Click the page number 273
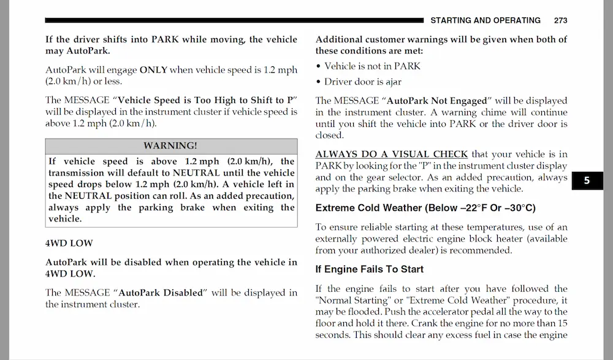click(560, 20)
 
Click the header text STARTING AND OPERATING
click(485, 20)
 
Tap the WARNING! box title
click(170, 145)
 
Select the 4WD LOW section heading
click(69, 243)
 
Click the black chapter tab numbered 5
click(587, 181)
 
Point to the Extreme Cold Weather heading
click(425, 208)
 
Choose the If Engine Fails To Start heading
click(369, 269)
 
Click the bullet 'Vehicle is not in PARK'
click(372, 66)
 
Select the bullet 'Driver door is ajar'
click(363, 82)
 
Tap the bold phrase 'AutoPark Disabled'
click(160, 293)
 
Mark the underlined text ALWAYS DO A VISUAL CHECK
click(392, 154)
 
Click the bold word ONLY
click(153, 70)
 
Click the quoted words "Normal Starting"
click(346, 301)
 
